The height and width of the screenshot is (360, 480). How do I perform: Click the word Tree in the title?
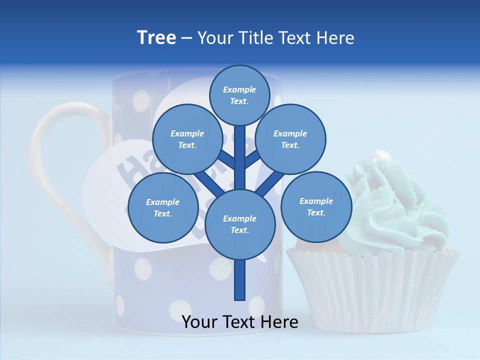tap(156, 38)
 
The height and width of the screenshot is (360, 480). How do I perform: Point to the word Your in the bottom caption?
tap(200, 322)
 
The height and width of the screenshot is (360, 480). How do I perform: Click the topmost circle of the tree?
tap(239, 95)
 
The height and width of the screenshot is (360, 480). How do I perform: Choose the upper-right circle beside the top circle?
tap(290, 139)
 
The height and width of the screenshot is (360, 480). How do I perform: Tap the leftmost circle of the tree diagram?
tap(163, 207)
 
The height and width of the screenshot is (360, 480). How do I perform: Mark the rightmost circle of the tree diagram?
tap(316, 206)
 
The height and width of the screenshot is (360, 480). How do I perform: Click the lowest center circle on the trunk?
tap(240, 224)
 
